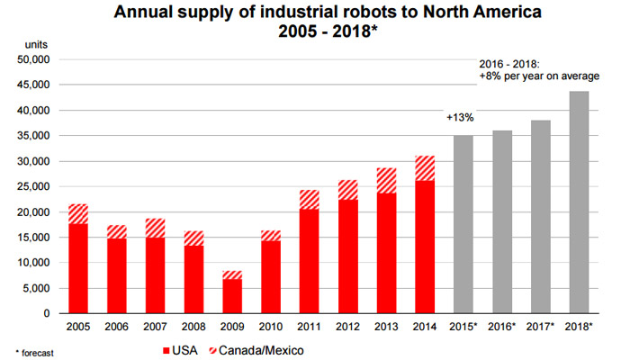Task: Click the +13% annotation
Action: point(460,118)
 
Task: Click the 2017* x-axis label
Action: point(540,326)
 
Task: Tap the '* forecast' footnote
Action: point(28,353)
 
